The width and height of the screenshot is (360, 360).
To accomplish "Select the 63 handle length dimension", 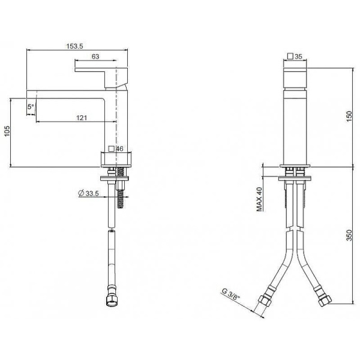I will pos(95,56).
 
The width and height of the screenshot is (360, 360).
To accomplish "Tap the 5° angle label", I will pos(31,107).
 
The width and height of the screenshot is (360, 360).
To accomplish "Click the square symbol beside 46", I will pos(110,148).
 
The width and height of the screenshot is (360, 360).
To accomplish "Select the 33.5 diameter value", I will pos(92,193).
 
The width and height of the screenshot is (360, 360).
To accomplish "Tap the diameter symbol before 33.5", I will pos(81,193).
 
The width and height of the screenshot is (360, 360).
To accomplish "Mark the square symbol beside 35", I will pos(290,56).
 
